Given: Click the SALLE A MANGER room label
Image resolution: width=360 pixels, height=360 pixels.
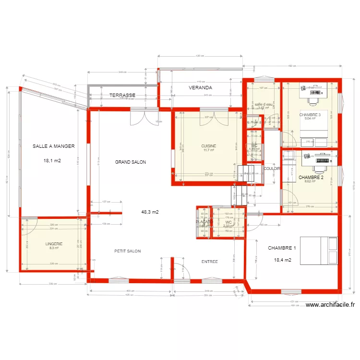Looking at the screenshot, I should point(54,146).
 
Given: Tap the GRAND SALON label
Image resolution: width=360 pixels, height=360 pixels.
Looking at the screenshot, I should point(130,162).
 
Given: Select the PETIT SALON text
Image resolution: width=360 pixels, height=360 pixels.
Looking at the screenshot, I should point(127,251).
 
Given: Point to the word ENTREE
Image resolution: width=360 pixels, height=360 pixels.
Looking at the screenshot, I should point(209,262).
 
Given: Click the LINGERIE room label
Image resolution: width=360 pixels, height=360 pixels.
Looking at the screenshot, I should point(54,244).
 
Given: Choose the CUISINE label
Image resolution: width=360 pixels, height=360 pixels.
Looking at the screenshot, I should point(209,146).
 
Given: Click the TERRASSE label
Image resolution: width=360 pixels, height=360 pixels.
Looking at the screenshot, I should point(122,96).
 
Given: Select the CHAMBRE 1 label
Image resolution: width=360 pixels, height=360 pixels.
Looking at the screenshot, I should point(282,248).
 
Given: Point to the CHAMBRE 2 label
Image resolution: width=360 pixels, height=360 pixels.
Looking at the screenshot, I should point(311,177).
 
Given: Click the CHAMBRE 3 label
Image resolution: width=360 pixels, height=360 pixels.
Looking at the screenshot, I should point(310,115).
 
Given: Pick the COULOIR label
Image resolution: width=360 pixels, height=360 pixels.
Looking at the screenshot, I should point(272,168).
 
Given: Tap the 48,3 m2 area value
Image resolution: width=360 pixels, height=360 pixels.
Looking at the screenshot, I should point(150,212).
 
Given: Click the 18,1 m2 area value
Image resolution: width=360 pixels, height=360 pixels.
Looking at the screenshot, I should point(53,161).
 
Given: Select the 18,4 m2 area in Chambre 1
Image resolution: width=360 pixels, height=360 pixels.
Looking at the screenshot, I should point(283,260).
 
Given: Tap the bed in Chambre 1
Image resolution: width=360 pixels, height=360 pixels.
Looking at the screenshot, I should point(319,251).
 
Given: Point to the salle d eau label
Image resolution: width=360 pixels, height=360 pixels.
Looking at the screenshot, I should point(264,104).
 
